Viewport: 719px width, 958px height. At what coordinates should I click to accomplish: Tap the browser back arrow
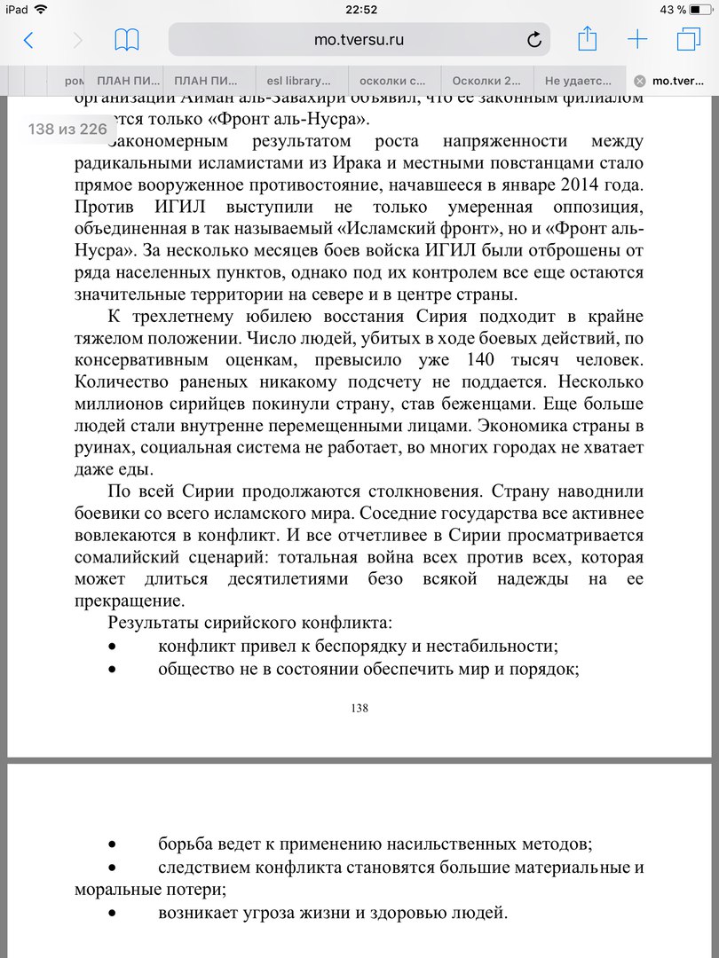point(28,40)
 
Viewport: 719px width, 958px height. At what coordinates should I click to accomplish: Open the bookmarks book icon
point(127,40)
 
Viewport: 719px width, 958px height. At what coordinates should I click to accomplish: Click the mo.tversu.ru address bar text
point(359,40)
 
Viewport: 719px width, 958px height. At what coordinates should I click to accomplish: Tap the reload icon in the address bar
point(534,40)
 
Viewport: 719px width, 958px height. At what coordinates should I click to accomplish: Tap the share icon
point(587,39)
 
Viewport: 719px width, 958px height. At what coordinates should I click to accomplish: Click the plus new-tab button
point(637,40)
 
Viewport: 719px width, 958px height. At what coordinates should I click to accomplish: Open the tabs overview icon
point(688,40)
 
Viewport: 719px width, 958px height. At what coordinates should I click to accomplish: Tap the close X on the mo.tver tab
point(640,81)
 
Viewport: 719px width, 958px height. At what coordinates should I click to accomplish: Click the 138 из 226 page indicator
point(67,130)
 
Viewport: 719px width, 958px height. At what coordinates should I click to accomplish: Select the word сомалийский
point(122,559)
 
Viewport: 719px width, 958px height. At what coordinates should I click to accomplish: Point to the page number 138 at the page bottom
point(359,708)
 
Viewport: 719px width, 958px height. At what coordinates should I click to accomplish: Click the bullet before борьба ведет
point(112,844)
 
